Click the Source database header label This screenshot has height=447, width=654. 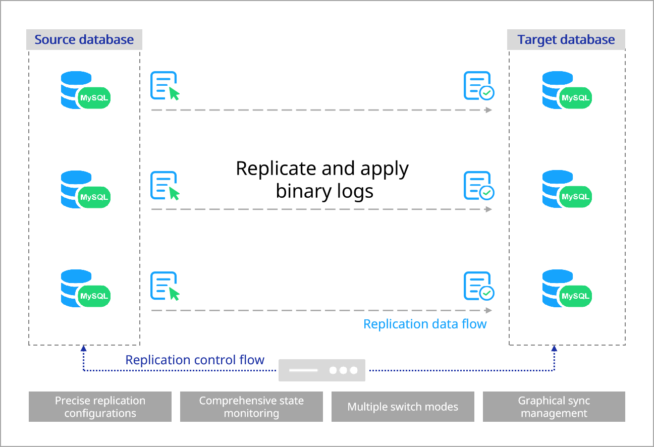(84, 40)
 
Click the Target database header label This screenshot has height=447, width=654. (566, 40)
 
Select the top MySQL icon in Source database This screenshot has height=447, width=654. (84, 91)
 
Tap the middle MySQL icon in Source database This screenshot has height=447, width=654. (84, 190)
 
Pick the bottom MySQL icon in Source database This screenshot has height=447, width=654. (84, 289)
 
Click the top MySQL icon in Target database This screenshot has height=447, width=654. (566, 91)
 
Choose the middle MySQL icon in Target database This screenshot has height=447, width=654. (566, 190)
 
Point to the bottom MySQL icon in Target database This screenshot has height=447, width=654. (566, 289)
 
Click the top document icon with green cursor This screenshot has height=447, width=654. (165, 86)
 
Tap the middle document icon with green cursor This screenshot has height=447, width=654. (165, 186)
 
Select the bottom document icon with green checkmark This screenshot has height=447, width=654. (478, 286)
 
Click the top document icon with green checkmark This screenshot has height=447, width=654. (478, 86)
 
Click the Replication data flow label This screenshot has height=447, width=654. (425, 324)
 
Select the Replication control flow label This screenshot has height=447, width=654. (195, 360)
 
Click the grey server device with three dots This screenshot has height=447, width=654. (322, 370)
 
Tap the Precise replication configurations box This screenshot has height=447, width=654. (100, 407)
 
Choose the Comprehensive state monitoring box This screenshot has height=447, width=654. (251, 407)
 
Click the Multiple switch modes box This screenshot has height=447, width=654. (403, 407)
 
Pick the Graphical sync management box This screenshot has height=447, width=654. (554, 407)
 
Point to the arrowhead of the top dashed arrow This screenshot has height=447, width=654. (488, 110)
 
